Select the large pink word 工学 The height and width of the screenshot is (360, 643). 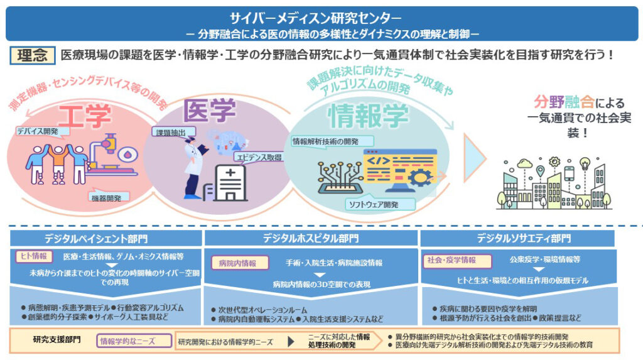tap(85, 116)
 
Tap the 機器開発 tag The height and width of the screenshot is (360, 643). tap(109, 197)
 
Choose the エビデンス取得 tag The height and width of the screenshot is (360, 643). tap(257, 156)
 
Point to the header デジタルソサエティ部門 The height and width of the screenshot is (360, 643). tap(524, 238)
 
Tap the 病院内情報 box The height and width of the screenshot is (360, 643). tap(235, 263)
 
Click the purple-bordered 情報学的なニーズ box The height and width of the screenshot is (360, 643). tap(135, 341)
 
